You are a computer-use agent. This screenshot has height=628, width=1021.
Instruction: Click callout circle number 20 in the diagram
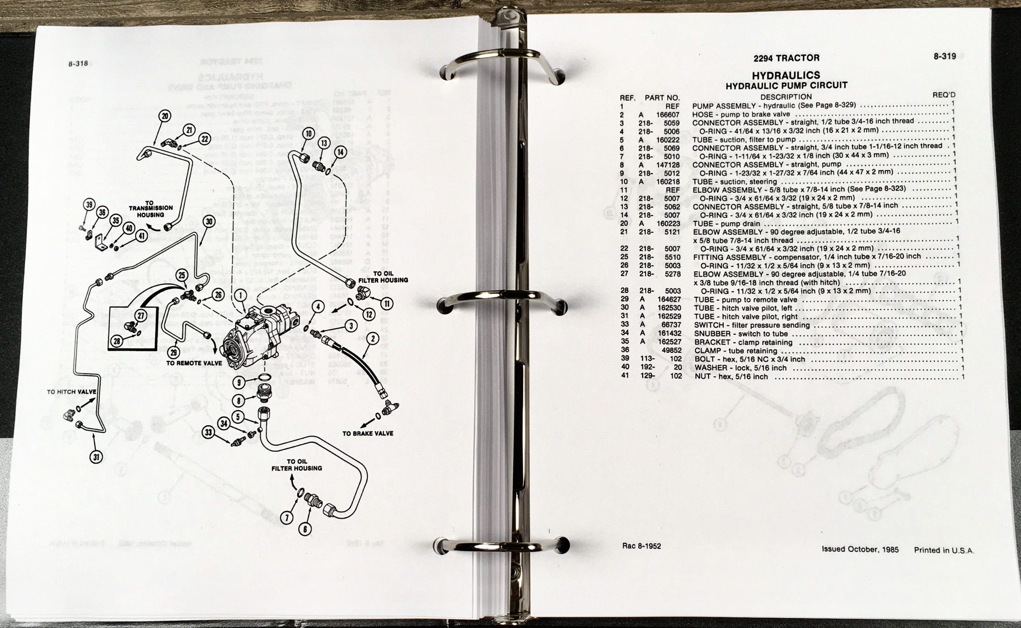click(x=166, y=116)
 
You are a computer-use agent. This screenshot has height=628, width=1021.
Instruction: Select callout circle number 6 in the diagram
click(x=306, y=529)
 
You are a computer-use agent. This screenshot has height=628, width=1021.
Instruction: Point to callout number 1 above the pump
click(x=240, y=296)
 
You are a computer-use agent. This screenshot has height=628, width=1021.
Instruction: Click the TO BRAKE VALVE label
click(x=368, y=433)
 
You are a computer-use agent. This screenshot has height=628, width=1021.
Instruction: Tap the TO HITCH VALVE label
click(x=72, y=392)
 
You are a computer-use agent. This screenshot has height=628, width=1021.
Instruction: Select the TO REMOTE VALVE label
click(x=194, y=363)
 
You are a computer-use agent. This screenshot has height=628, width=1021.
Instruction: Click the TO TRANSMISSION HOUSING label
click(x=150, y=209)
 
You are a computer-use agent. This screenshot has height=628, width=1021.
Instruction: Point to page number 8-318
click(x=79, y=64)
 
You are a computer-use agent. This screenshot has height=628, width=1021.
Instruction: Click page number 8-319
click(x=944, y=56)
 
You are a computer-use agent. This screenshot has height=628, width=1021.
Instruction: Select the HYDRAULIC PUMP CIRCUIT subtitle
click(x=786, y=86)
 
